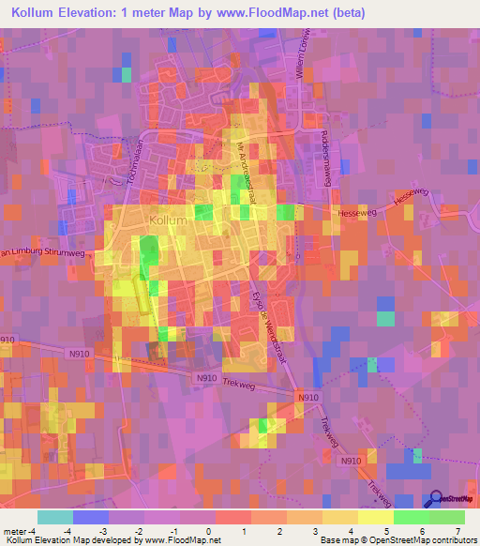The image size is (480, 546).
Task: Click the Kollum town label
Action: pos(169,220)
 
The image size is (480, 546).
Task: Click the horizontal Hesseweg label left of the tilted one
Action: pos(354,214)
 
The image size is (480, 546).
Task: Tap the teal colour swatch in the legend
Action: pos(54,517)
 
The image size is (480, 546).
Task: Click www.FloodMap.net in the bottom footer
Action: pos(179,539)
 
